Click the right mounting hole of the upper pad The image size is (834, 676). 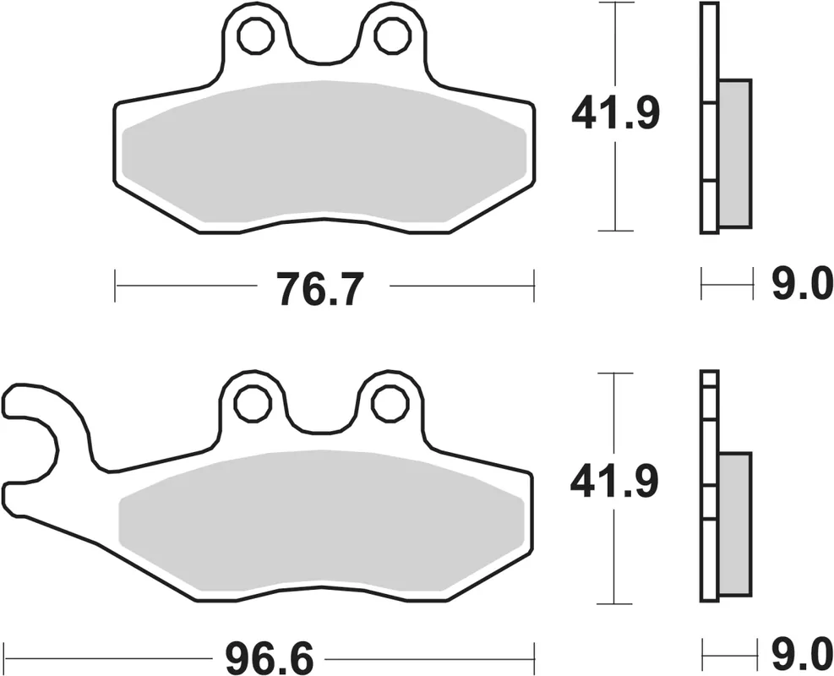[390, 35]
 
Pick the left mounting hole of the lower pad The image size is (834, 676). [252, 403]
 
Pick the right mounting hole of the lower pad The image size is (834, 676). [390, 403]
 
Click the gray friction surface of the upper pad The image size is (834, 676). [325, 152]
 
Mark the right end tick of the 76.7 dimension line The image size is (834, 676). [534, 286]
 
